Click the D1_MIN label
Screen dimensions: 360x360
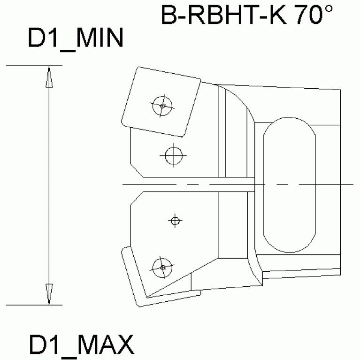click(76, 39)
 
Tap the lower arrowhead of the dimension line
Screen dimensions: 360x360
click(49, 294)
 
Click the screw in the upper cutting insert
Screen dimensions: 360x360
click(162, 106)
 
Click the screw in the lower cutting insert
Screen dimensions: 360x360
click(162, 267)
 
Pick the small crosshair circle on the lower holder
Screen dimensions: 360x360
click(175, 221)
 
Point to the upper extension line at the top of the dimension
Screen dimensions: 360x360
click(33, 66)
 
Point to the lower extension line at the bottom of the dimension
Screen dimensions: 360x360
click(33, 305)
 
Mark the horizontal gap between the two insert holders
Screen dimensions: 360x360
click(188, 185)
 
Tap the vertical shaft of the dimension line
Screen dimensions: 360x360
click(49, 185)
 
